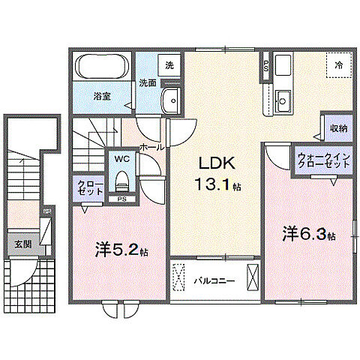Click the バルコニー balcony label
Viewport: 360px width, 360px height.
214,281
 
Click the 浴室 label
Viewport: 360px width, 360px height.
103,96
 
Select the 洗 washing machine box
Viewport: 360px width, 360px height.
169,65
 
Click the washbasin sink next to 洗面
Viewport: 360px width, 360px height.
172,98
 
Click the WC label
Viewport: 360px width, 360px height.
121,159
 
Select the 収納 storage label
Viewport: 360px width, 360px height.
338,128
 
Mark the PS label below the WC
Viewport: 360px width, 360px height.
121,199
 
